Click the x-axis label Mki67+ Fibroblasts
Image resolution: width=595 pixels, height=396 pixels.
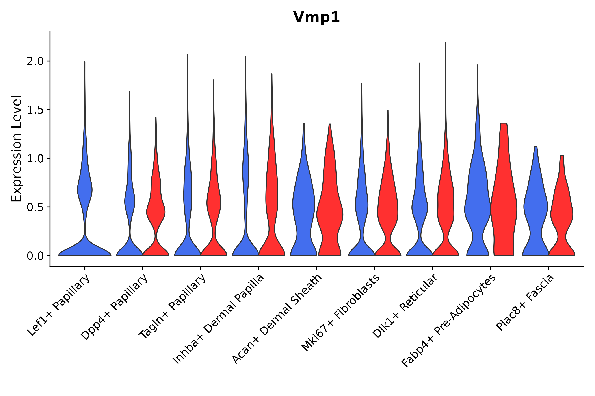[340, 313]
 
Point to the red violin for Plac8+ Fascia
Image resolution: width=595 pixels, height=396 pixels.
[562, 215]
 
